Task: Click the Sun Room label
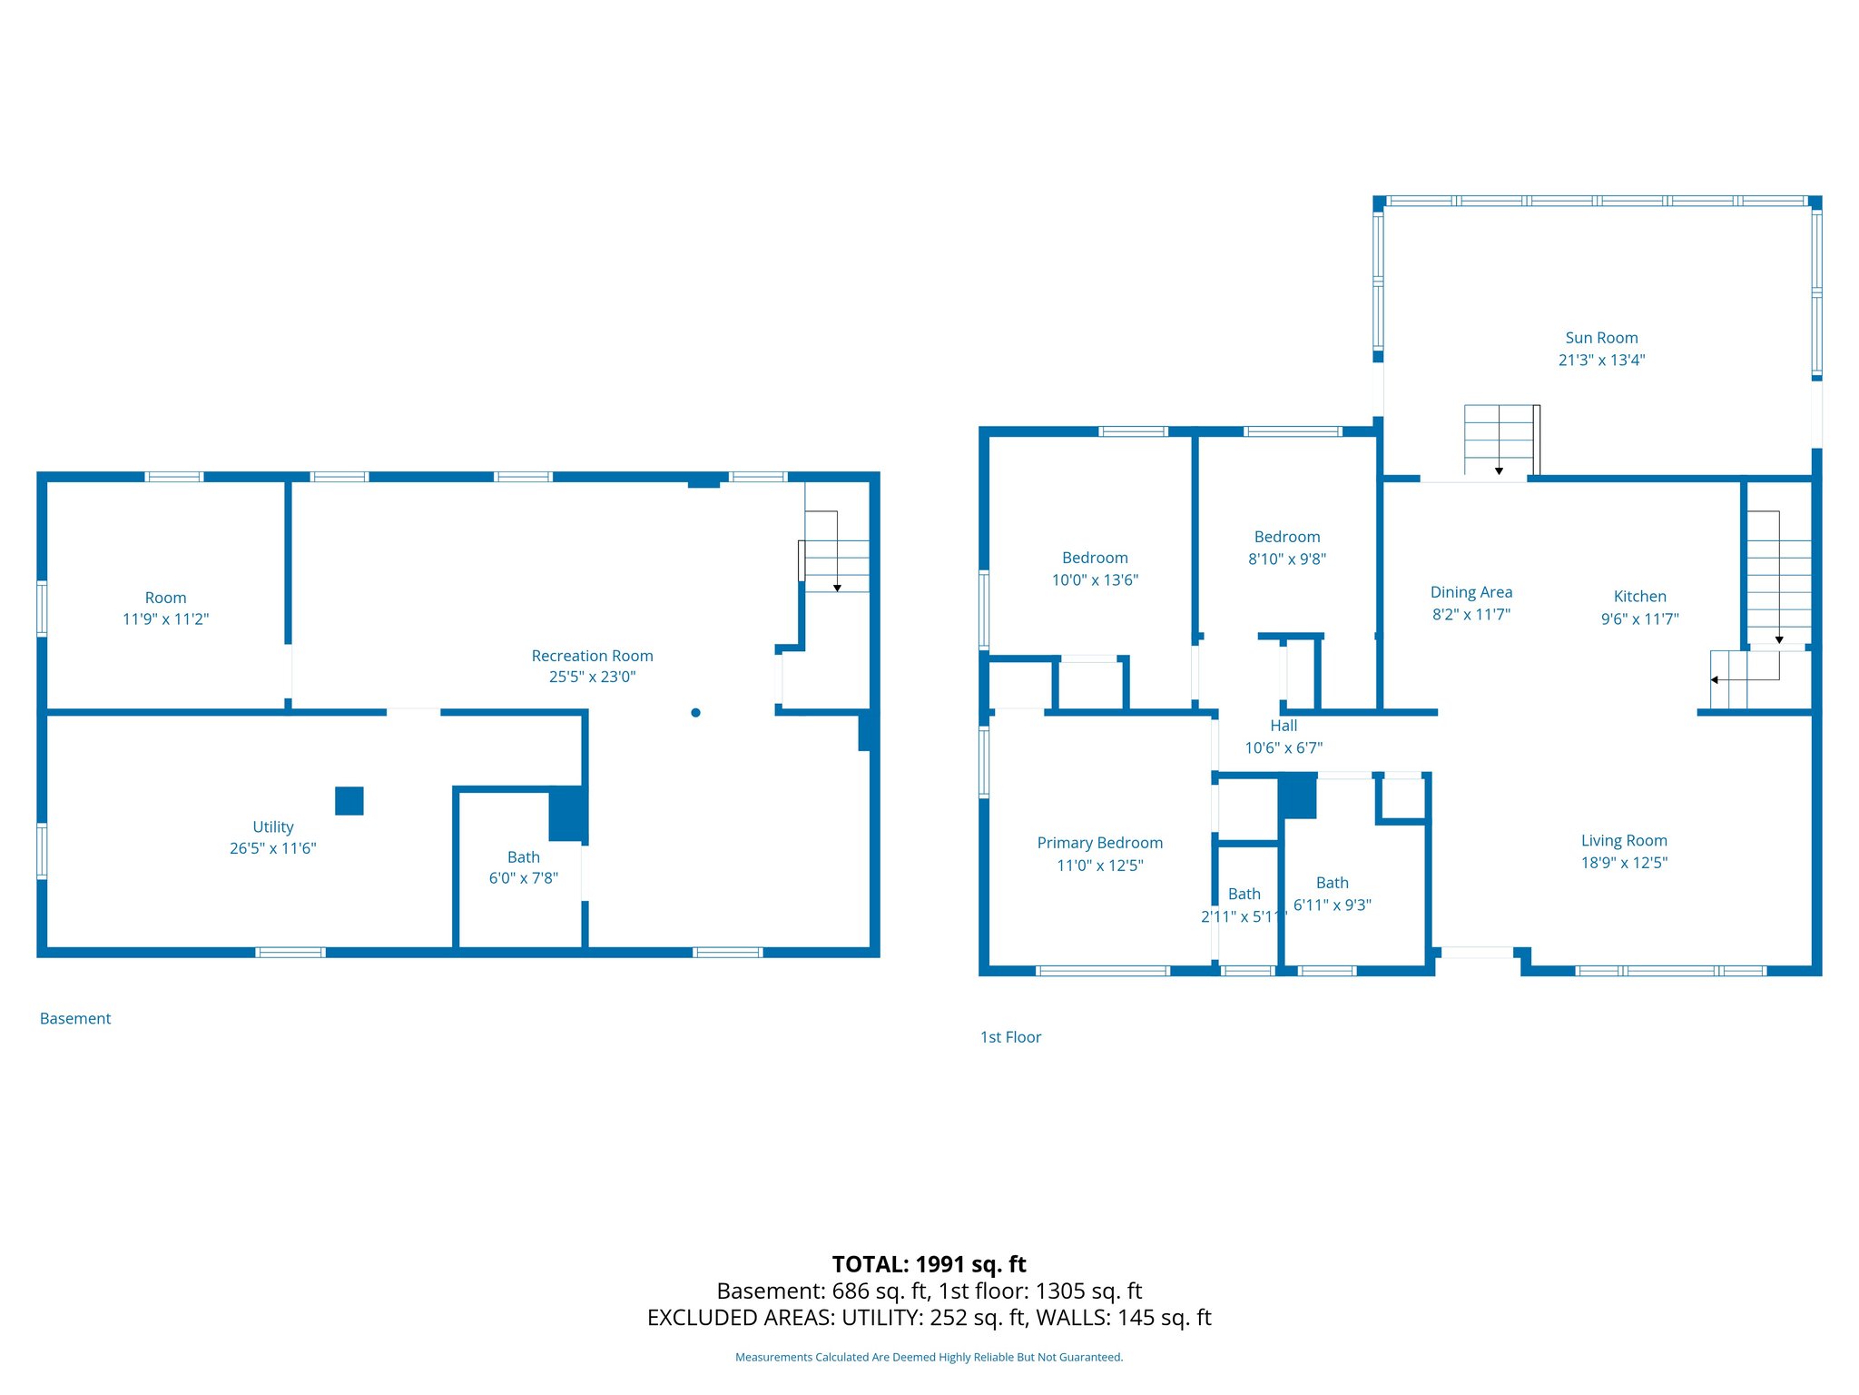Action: [1601, 338]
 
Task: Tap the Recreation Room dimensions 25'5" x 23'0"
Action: [592, 678]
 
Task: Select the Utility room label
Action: [272, 826]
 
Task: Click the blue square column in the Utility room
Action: [349, 801]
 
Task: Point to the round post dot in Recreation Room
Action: [695, 713]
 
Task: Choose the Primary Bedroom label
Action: [1099, 843]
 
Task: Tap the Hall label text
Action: [1284, 726]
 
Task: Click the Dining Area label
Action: [1470, 592]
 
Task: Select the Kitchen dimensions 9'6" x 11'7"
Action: [1639, 619]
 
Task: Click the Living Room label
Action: [1623, 841]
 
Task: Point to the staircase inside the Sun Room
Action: [1499, 440]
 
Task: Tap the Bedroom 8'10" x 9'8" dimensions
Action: [1286, 559]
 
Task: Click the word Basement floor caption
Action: [75, 1019]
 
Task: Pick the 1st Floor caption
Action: [1010, 1037]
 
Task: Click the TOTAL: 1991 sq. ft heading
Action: [929, 1264]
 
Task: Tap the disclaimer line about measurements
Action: [929, 1358]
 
